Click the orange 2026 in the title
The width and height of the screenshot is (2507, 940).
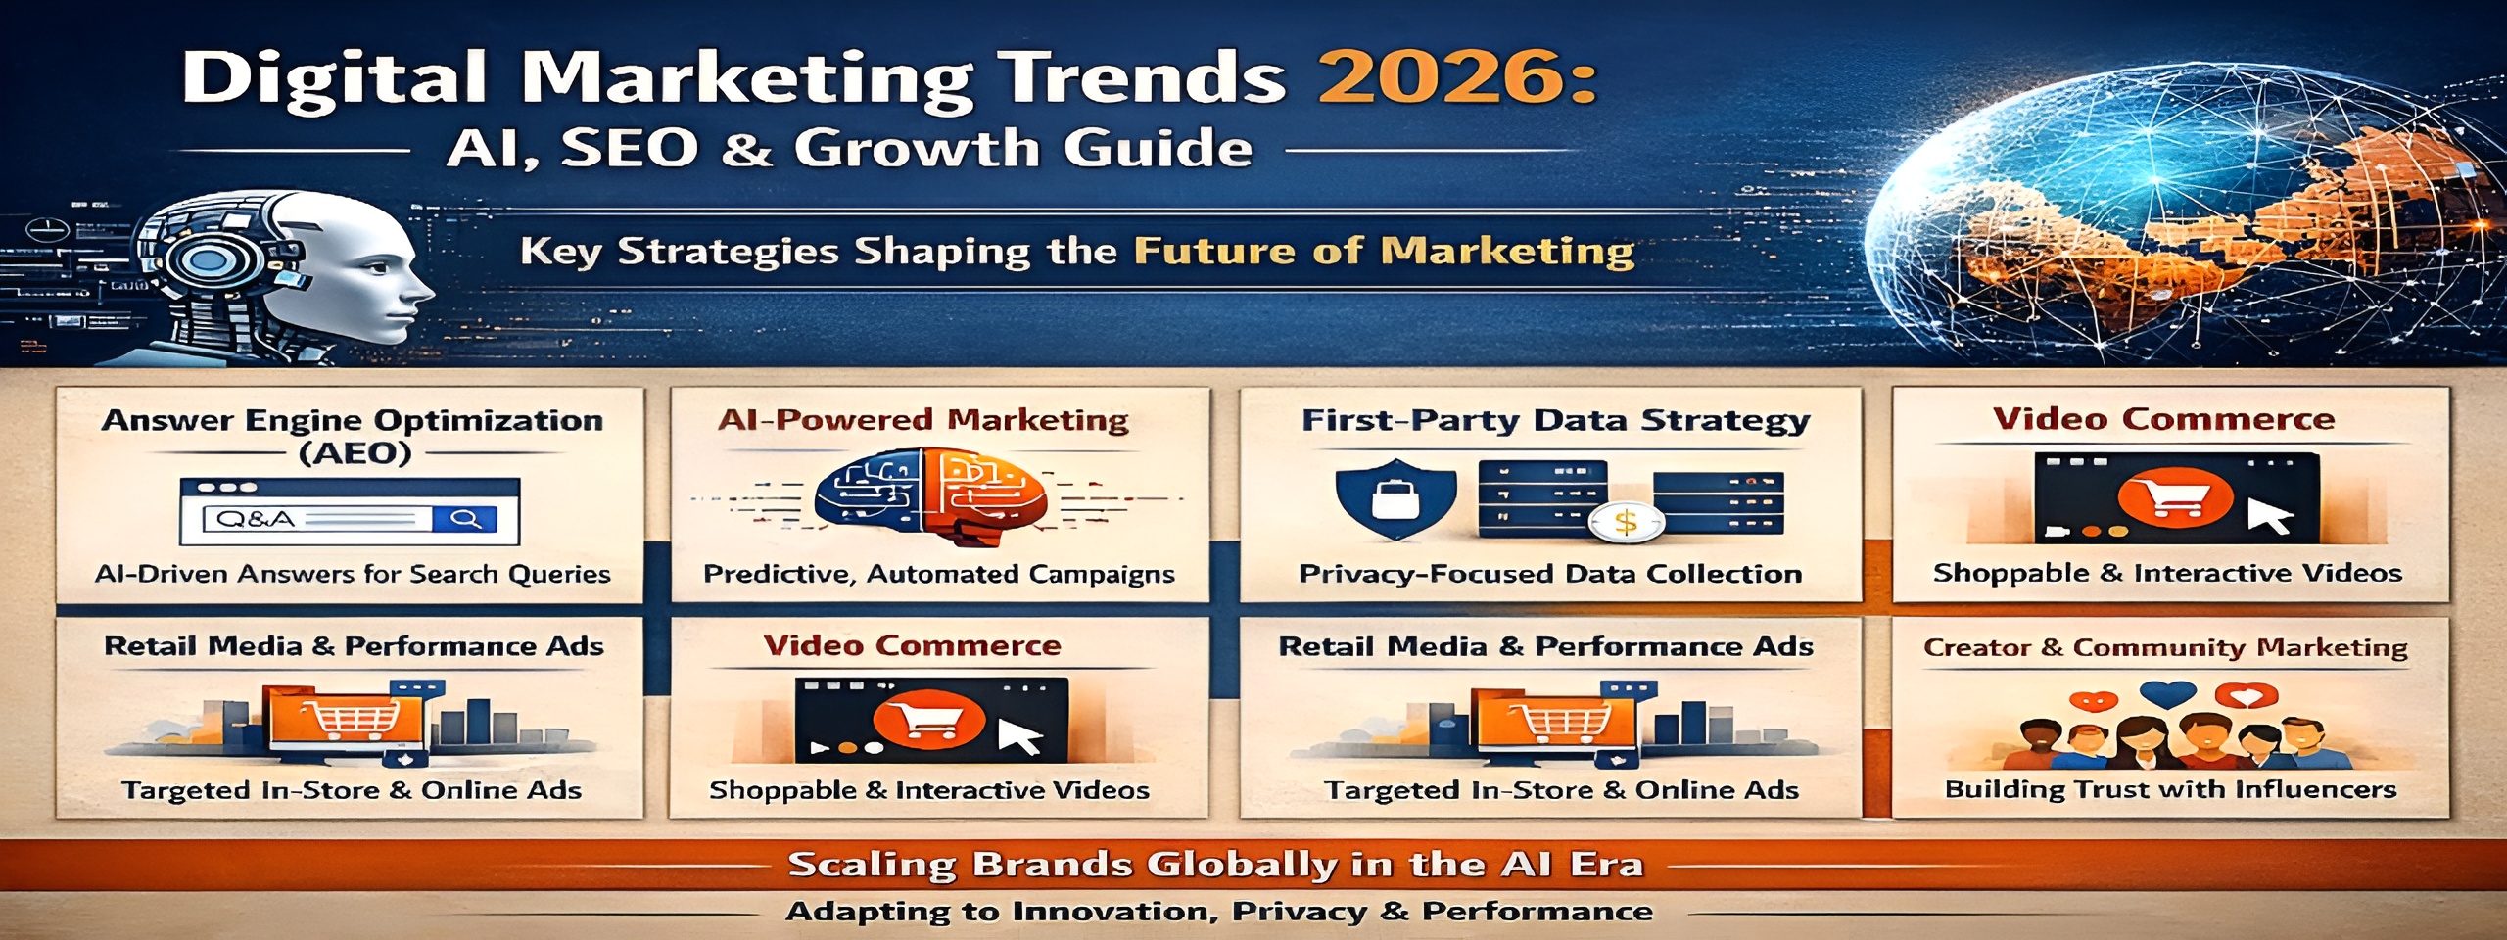tap(1457, 78)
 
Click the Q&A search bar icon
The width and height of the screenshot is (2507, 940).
tap(350, 512)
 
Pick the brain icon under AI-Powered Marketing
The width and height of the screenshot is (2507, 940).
tap(930, 496)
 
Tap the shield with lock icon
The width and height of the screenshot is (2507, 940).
tap(1395, 497)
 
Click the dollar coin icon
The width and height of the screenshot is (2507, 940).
tap(1625, 522)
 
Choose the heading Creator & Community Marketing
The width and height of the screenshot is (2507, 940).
tap(2165, 647)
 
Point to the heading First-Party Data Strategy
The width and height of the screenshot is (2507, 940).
tap(1555, 420)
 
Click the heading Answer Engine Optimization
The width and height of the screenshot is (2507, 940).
tap(353, 421)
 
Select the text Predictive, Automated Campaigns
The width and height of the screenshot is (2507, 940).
tap(938, 574)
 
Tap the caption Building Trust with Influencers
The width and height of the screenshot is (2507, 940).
tap(2170, 789)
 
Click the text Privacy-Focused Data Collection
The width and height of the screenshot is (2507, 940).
tap(1550, 574)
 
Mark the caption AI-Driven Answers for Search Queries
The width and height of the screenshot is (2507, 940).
tap(353, 574)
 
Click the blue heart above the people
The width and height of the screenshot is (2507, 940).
tap(2168, 694)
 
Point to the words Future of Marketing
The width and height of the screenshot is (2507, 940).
tap(1384, 252)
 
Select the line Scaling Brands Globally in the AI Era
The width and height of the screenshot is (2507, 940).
tap(1215, 865)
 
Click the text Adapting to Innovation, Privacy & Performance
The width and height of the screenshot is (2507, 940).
tap(1218, 912)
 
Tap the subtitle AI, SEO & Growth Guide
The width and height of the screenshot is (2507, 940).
tap(849, 149)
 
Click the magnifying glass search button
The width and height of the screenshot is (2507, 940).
tap(465, 519)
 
